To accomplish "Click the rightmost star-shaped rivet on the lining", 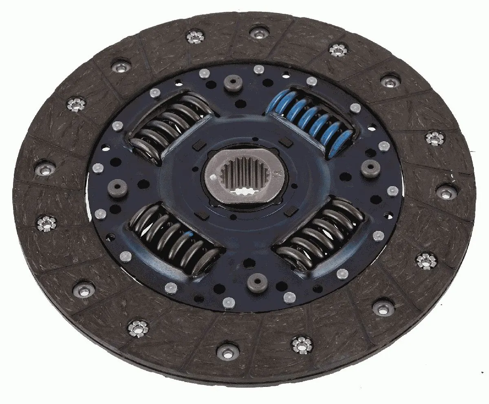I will click(x=435, y=138).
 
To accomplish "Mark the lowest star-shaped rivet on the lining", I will click(x=302, y=344).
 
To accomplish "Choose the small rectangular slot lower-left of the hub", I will click(x=200, y=215).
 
